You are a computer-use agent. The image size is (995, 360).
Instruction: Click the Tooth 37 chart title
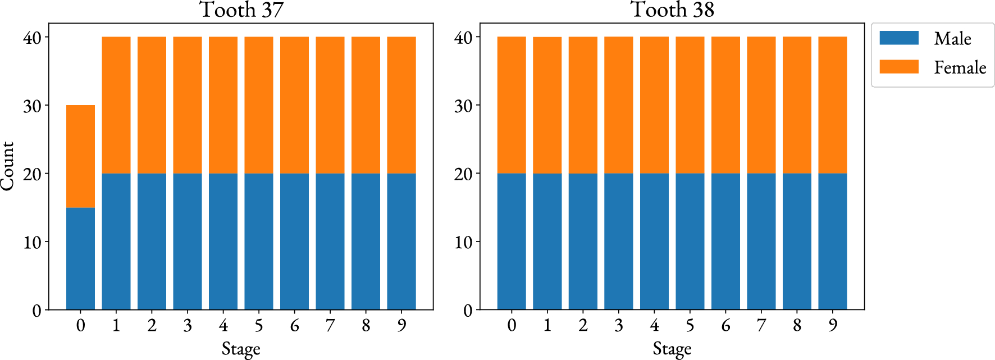tap(241, 10)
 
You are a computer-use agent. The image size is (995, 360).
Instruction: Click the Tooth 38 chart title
tap(672, 10)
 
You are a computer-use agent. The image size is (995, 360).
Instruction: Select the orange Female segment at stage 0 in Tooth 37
tap(80, 156)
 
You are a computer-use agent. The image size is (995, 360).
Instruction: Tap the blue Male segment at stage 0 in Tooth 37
tap(80, 258)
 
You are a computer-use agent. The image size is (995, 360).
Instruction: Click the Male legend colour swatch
tap(898, 38)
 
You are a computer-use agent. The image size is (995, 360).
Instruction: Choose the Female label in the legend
tap(960, 67)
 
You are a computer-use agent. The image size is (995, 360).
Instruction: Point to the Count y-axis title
tap(8, 166)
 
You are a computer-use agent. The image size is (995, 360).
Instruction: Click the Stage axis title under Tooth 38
tap(672, 349)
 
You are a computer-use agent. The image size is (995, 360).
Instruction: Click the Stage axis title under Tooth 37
tap(241, 349)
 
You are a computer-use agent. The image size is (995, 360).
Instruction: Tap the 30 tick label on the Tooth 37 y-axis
tap(32, 106)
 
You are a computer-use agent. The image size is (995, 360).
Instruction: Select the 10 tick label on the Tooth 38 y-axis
tap(463, 242)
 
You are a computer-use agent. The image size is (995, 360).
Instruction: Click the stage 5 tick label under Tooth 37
tap(259, 325)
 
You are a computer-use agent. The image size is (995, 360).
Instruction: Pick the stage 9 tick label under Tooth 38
tap(833, 325)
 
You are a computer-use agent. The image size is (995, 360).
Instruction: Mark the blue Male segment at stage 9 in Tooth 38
tap(832, 241)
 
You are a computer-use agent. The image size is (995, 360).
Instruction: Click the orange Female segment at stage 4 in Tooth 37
tap(223, 105)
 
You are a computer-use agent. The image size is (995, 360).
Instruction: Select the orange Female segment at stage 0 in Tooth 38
tap(512, 105)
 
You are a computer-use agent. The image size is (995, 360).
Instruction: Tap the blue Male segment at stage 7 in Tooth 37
tap(330, 241)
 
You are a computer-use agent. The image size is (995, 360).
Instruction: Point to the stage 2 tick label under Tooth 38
tap(583, 325)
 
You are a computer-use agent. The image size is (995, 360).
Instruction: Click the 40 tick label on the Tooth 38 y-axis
tap(463, 38)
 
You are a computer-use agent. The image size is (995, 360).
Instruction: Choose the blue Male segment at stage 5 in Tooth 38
tap(690, 241)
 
